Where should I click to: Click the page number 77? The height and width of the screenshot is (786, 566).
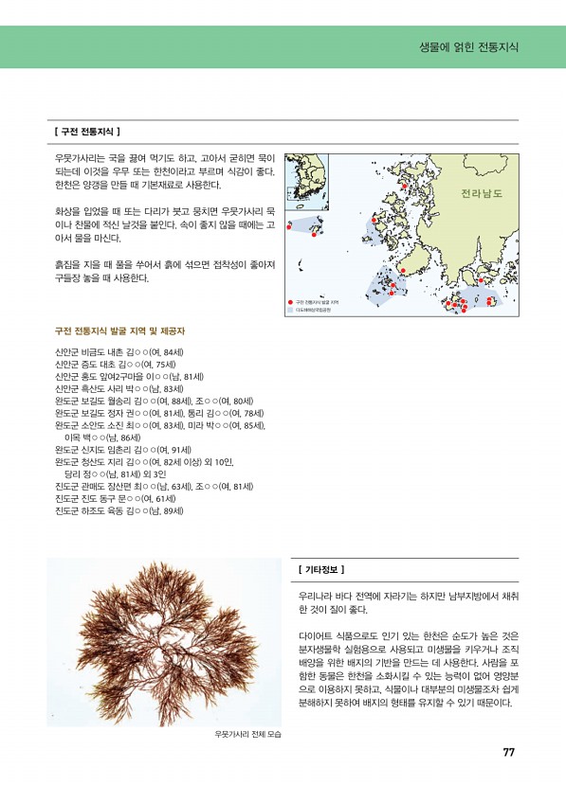pos(508,753)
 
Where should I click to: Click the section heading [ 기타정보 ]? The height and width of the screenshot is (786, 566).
pos(320,569)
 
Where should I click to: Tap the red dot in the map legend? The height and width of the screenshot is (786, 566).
pos(290,302)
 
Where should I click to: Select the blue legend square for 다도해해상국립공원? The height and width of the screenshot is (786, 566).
pos(290,310)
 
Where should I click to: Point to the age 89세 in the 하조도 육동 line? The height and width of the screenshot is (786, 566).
pos(172,511)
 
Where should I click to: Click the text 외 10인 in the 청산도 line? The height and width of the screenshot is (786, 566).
pos(233,462)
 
